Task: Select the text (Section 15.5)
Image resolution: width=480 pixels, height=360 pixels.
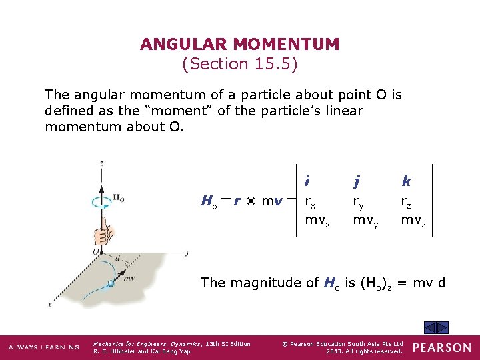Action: pos(240,64)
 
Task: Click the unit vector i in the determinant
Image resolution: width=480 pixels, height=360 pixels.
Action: pos(307,181)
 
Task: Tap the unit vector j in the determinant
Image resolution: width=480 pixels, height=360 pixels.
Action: pos(357,181)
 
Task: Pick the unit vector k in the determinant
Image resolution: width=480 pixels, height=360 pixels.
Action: pos(406,181)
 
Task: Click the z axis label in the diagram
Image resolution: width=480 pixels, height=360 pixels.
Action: pos(101,163)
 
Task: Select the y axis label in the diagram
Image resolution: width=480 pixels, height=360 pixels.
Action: pos(189,252)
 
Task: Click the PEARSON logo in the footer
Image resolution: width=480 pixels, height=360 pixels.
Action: pos(441,347)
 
